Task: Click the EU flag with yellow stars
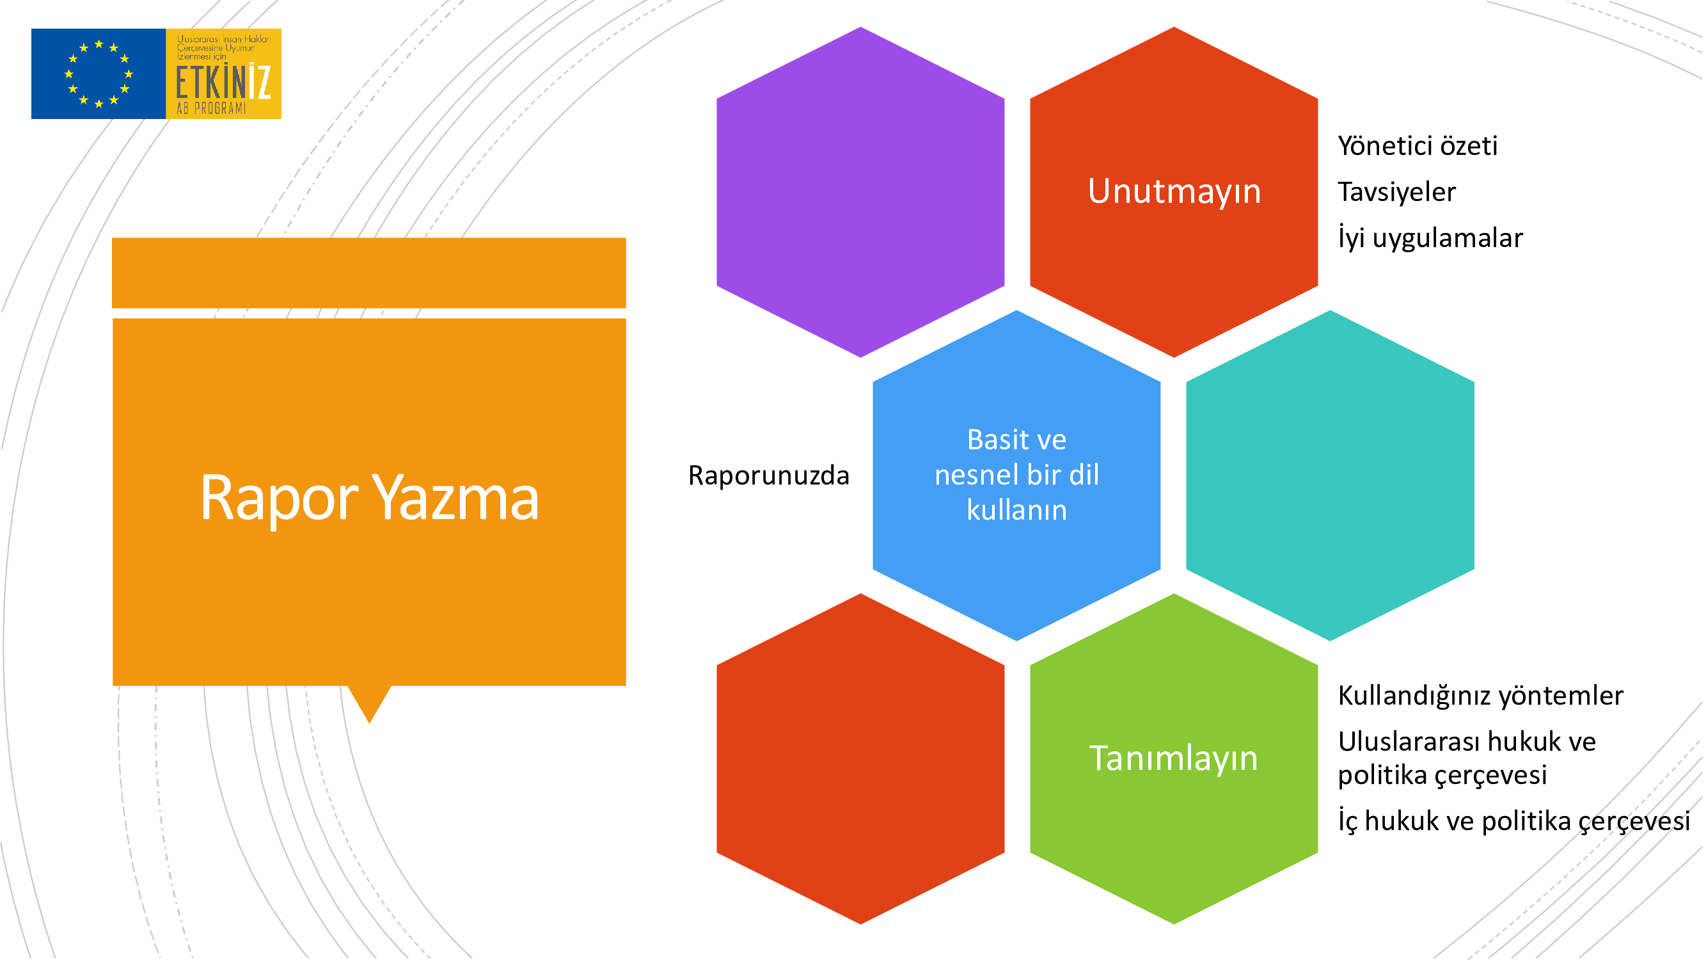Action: (98, 74)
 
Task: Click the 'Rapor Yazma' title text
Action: (370, 497)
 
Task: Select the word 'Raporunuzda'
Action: (768, 476)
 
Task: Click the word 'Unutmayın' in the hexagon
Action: (1174, 191)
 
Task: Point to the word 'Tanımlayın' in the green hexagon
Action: (1173, 758)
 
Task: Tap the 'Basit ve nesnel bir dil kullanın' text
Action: (1016, 475)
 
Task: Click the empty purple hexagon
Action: (860, 192)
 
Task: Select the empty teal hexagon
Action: (1330, 476)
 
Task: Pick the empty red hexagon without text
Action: (860, 758)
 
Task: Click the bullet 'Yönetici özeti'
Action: (1418, 146)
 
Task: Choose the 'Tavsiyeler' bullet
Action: (1397, 192)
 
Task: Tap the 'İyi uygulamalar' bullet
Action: (1430, 238)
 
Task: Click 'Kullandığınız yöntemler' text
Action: (1480, 696)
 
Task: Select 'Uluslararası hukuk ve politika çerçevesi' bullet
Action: (1467, 758)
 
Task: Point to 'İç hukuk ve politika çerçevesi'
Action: (1514, 821)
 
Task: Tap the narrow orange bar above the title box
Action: (369, 273)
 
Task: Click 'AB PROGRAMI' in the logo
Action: (210, 108)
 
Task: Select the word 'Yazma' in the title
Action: (455, 497)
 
